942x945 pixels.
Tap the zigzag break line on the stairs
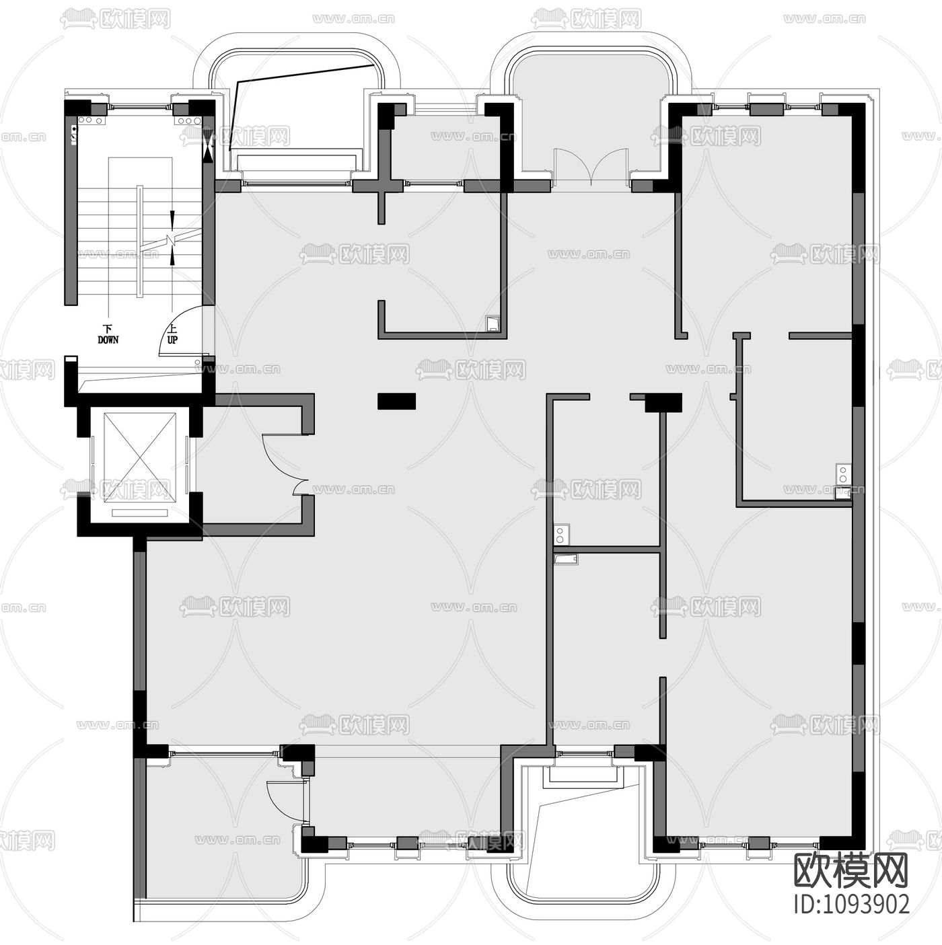pos(172,239)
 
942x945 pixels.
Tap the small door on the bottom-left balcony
pos(283,800)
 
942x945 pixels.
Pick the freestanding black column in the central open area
pos(396,401)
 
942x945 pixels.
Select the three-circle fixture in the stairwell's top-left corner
pos(91,120)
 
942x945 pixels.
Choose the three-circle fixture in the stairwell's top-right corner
pos(188,120)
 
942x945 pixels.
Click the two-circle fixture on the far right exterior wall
pos(842,474)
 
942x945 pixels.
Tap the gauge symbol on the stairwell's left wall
pos(73,134)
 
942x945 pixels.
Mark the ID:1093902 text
pos(852,903)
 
